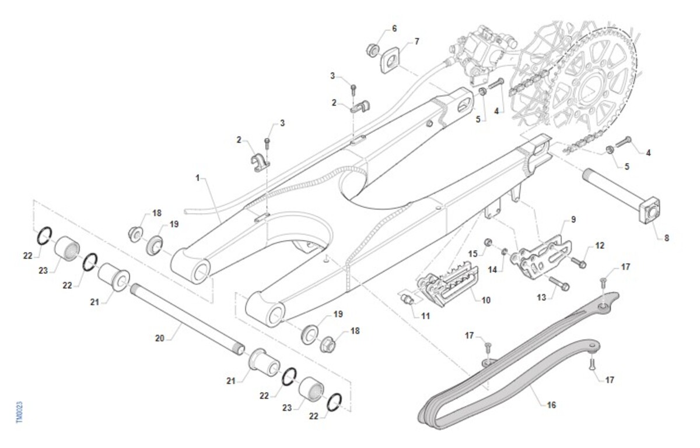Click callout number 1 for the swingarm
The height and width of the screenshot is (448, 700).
(198, 177)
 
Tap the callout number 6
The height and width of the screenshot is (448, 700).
(394, 28)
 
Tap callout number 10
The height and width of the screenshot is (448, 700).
(486, 300)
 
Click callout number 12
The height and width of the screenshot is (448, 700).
(600, 245)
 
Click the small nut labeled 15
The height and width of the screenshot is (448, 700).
(489, 242)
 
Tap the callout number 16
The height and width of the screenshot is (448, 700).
(552, 404)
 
